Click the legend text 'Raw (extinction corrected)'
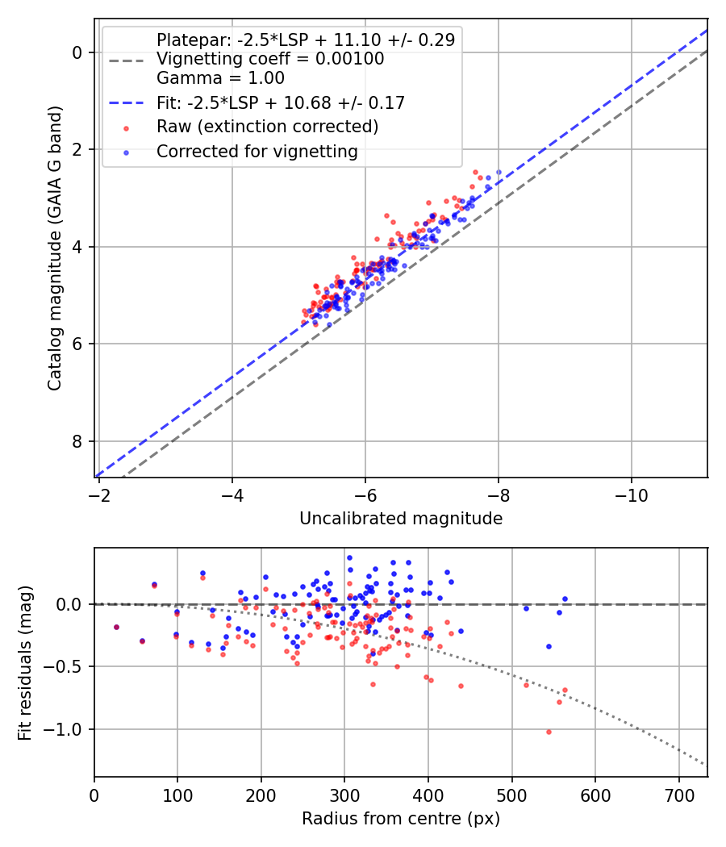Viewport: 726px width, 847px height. tap(267, 127)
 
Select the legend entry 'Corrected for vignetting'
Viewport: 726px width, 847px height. tap(257, 152)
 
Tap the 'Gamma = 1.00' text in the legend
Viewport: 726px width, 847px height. tap(220, 78)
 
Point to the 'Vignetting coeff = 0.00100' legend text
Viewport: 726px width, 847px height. tap(270, 59)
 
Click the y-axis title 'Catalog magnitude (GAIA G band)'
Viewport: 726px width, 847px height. tap(55, 248)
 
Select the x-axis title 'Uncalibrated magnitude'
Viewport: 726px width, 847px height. tap(401, 519)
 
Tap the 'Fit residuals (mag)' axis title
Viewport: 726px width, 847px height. tap(25, 663)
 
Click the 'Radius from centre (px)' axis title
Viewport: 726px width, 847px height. tap(401, 819)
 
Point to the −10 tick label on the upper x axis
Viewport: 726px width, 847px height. tap(631, 495)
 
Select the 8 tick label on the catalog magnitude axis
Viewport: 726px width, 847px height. tap(77, 441)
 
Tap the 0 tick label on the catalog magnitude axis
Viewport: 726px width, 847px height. tap(77, 52)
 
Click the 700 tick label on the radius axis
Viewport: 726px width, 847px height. tap(679, 795)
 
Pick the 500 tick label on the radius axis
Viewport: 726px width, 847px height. tap(512, 795)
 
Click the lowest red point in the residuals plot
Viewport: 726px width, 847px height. tap(549, 732)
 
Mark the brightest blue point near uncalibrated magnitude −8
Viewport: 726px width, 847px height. tap(499, 173)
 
